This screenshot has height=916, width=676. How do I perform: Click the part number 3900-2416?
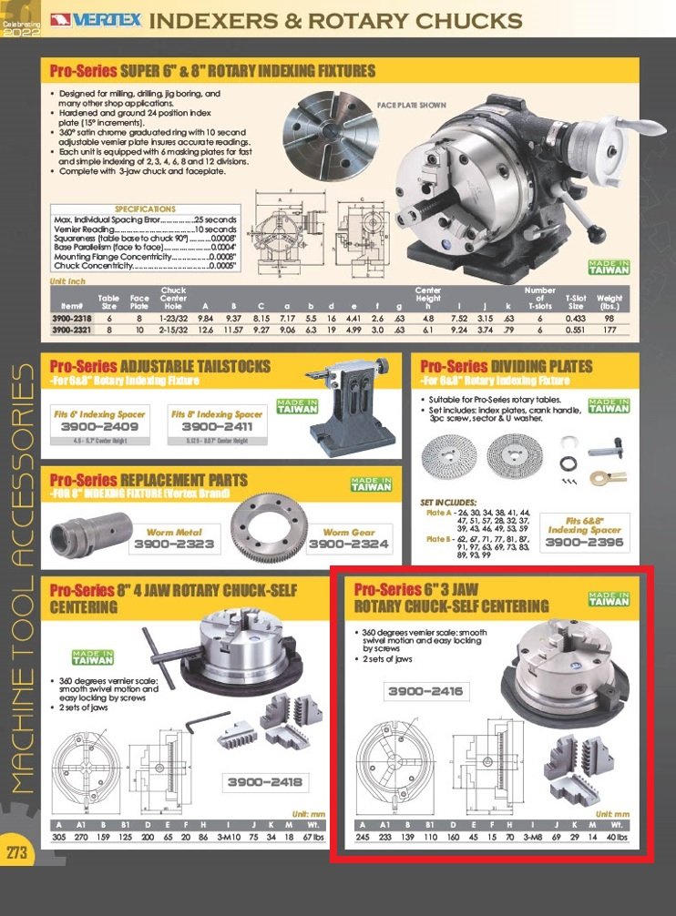[x=425, y=692]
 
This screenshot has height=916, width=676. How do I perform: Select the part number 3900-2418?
[x=264, y=782]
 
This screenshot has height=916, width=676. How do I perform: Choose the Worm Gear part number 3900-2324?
[x=349, y=545]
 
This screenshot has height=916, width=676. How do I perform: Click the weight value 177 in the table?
[x=609, y=332]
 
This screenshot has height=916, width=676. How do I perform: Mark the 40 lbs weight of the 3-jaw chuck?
[x=618, y=836]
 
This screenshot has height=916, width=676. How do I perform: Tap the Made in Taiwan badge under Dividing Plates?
[x=609, y=406]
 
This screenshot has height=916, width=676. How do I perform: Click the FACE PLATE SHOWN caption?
[x=412, y=105]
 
